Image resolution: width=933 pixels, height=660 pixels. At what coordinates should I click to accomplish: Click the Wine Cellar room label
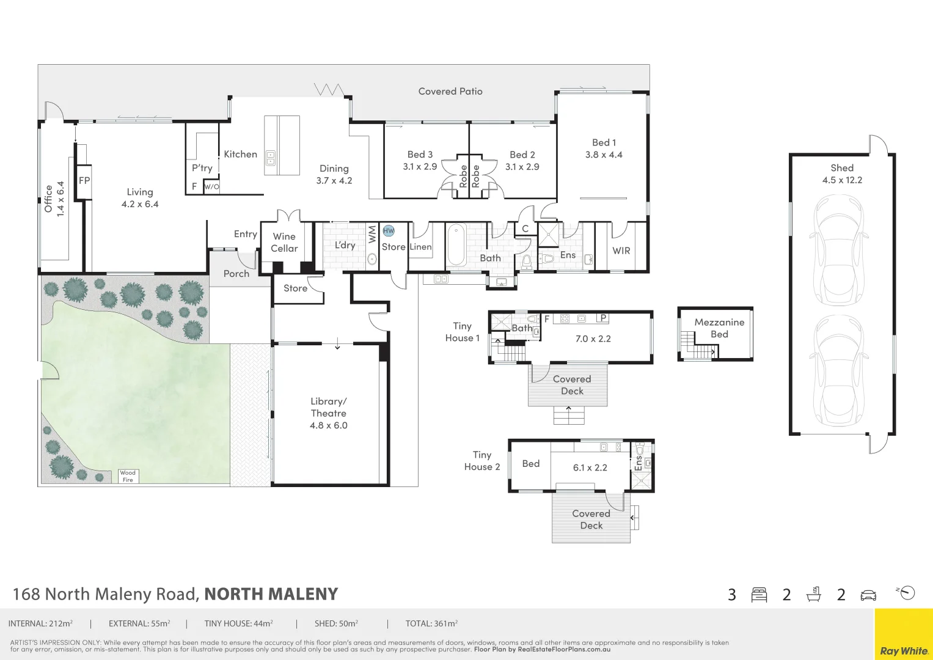tap(284, 242)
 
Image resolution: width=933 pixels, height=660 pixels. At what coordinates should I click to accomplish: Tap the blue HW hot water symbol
tap(389, 231)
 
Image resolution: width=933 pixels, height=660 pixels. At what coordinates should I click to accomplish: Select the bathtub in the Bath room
tap(456, 245)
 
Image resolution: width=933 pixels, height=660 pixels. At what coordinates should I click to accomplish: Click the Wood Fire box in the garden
tap(128, 476)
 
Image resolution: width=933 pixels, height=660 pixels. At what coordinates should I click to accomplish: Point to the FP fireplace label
tap(84, 181)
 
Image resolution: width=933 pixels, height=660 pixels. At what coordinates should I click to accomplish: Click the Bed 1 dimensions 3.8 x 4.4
tap(604, 155)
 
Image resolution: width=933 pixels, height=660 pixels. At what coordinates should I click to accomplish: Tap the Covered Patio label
tap(450, 91)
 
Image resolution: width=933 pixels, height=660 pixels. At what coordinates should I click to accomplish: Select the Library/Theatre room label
tap(329, 408)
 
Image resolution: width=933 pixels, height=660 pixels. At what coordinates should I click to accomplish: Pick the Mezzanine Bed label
tap(719, 328)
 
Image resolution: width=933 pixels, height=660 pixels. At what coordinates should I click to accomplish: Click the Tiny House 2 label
tap(482, 461)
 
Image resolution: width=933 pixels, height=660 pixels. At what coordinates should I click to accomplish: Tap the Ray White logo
tap(904, 650)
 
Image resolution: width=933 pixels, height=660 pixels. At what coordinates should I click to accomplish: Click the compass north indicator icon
tap(907, 593)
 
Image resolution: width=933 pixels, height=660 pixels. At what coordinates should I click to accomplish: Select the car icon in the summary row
tap(868, 595)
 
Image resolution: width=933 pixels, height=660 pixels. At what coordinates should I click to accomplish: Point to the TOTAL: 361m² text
tap(431, 624)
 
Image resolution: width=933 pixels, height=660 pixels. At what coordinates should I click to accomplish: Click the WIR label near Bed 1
tap(621, 251)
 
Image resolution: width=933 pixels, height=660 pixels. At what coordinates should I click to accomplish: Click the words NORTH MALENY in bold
tap(271, 594)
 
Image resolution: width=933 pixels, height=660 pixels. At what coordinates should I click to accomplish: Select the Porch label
tap(236, 274)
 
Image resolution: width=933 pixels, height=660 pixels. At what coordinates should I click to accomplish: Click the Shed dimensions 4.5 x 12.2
tap(842, 180)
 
